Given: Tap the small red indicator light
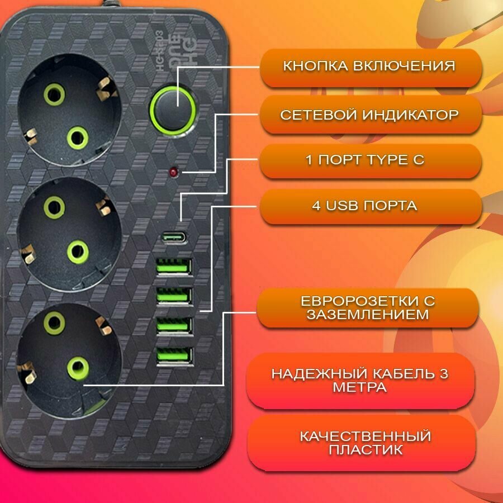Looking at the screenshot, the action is (174, 172).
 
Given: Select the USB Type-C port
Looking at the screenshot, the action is (174, 238).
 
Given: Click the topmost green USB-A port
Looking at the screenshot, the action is (174, 267).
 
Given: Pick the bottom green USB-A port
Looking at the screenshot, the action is (175, 357).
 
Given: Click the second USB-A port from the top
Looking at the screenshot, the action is (174, 296).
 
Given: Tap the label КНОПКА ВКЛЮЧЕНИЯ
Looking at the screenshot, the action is (369, 66).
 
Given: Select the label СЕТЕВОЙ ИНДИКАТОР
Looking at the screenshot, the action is (369, 115).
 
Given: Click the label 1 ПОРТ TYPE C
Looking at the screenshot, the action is (365, 159).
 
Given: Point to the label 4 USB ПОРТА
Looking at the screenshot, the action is (364, 205).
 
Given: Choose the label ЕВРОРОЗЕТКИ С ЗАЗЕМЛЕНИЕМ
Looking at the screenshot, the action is (368, 307).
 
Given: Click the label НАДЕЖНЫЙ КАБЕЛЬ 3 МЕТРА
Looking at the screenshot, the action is (359, 381).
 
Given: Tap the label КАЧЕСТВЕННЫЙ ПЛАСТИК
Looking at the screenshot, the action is (366, 443).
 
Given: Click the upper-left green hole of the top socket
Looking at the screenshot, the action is (54, 94).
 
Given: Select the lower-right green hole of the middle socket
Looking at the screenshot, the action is (78, 251).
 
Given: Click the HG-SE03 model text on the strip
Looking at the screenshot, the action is (160, 51).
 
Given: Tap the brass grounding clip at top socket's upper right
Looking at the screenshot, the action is (107, 88).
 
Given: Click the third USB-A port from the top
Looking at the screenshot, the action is (174, 326).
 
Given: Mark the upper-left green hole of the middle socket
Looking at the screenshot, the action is (54, 207).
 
